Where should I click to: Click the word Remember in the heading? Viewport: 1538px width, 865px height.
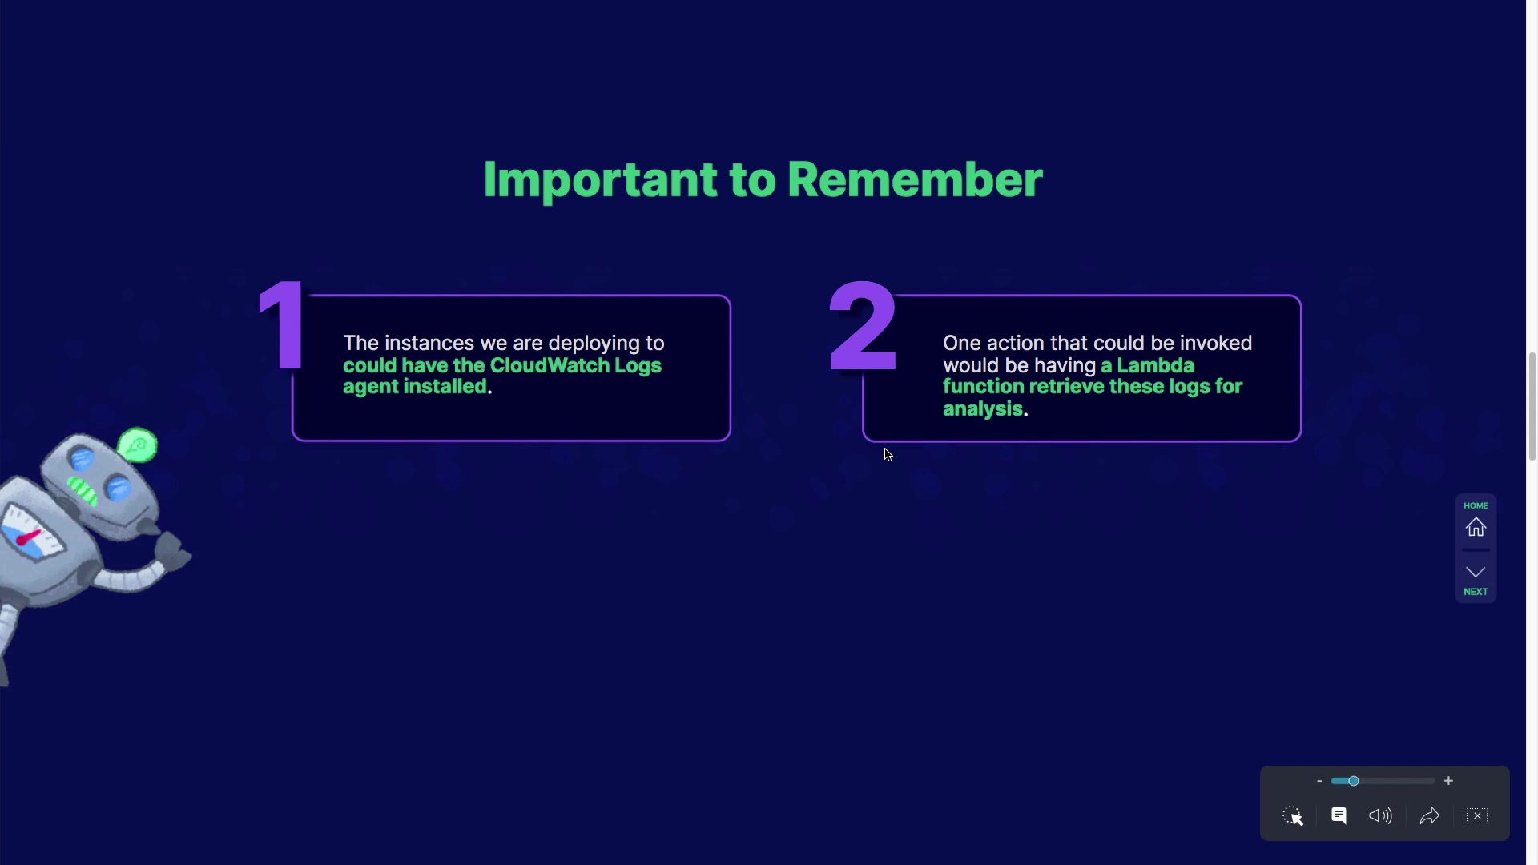point(915,179)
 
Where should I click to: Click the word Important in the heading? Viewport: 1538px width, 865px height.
point(600,179)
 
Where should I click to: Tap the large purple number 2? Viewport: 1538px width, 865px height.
point(863,326)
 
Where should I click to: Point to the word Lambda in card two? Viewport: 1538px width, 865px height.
point(1155,365)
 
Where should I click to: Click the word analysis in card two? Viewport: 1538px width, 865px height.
point(983,409)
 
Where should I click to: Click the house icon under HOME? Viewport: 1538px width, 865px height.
point(1476,528)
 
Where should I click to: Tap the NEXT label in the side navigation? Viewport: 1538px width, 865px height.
point(1476,592)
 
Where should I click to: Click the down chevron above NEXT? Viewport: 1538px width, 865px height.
point(1476,572)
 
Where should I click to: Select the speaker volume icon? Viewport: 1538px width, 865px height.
point(1380,816)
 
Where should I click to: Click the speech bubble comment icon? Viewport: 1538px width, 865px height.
point(1339,815)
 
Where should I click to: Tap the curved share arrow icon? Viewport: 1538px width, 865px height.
point(1430,816)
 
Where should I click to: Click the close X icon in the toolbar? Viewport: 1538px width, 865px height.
point(1477,816)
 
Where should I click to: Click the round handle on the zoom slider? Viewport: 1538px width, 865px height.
point(1353,781)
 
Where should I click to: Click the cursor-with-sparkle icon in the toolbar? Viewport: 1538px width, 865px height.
point(1293,816)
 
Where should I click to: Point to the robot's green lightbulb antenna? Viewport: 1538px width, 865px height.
point(138,445)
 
